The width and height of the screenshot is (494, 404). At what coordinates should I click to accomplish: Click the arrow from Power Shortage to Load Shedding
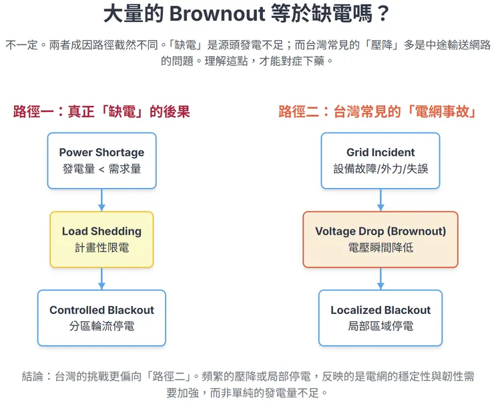(x=101, y=199)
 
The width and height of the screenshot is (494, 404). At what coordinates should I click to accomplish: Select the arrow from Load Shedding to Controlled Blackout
(x=101, y=278)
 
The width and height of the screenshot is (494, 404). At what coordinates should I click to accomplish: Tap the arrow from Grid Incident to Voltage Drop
(x=381, y=199)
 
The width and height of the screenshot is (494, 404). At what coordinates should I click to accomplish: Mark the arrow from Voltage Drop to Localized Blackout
(x=381, y=278)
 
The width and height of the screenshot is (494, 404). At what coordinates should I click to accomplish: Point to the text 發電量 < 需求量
(x=101, y=169)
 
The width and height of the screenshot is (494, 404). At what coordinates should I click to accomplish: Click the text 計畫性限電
(x=101, y=247)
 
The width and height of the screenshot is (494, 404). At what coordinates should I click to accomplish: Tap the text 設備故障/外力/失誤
(x=381, y=169)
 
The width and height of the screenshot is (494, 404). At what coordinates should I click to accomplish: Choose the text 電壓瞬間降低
(x=381, y=247)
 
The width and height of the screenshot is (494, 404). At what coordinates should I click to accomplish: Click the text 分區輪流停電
(x=101, y=326)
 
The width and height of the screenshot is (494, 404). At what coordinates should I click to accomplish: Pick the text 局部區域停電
(x=381, y=326)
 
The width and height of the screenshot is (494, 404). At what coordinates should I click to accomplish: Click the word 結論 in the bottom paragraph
(x=32, y=376)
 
